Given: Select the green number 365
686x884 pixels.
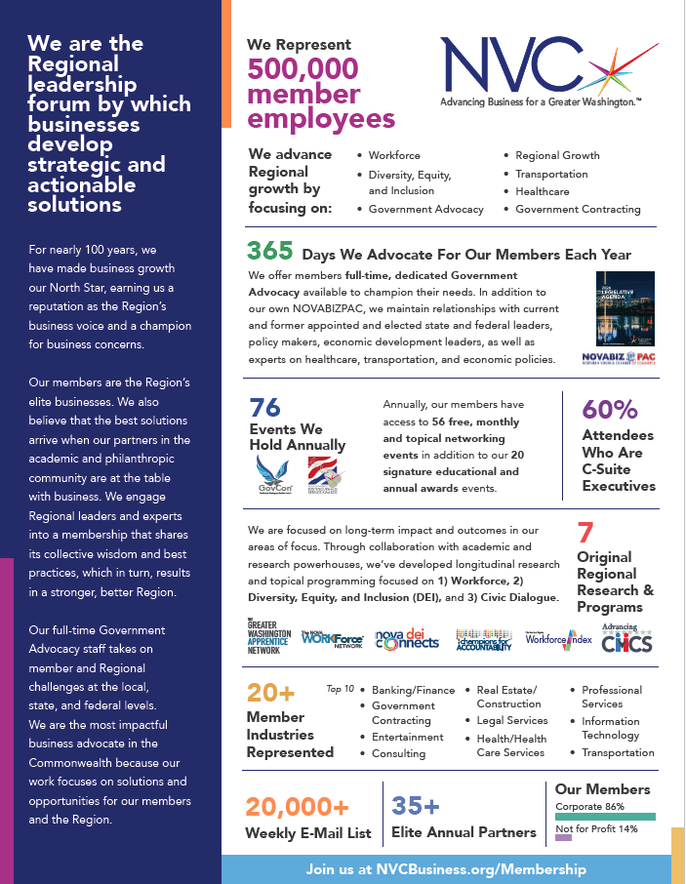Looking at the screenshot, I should pyautogui.click(x=269, y=252).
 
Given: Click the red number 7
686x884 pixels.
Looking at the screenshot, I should pyautogui.click(x=585, y=533).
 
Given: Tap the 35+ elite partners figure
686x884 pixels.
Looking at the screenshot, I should pyautogui.click(x=416, y=806).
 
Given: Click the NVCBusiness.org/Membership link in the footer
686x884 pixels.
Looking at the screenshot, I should pyautogui.click(x=446, y=868).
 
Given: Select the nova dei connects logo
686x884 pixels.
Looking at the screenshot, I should pyautogui.click(x=407, y=640).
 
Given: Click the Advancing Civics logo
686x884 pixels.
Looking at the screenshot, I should pyautogui.click(x=626, y=638).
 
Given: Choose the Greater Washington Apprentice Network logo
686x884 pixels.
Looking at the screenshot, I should pyautogui.click(x=269, y=638).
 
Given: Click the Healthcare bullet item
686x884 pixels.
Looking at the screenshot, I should pyautogui.click(x=542, y=191).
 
